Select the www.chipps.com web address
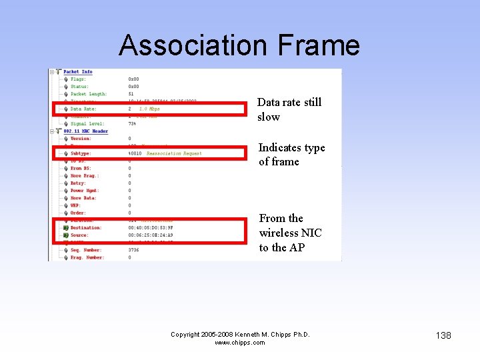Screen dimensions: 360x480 [x=240, y=343]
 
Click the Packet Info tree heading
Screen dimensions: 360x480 [x=78, y=72]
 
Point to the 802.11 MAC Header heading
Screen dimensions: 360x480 [x=85, y=131]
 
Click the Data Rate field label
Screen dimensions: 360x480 [x=83, y=109]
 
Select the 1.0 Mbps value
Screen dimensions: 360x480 [x=149, y=109]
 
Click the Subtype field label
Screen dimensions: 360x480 [x=81, y=153]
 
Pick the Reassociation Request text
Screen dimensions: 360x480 [x=174, y=153]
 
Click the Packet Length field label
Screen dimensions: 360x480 [x=89, y=94]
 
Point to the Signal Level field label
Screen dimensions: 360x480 [x=88, y=124]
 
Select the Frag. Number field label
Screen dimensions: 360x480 [x=87, y=257]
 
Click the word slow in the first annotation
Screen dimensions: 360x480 [x=269, y=117]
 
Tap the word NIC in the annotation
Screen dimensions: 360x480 [x=311, y=233]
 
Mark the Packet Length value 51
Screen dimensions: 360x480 [x=131, y=94]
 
